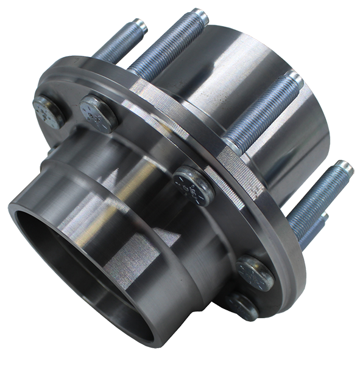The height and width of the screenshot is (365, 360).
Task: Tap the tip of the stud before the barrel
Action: coord(294,77)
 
